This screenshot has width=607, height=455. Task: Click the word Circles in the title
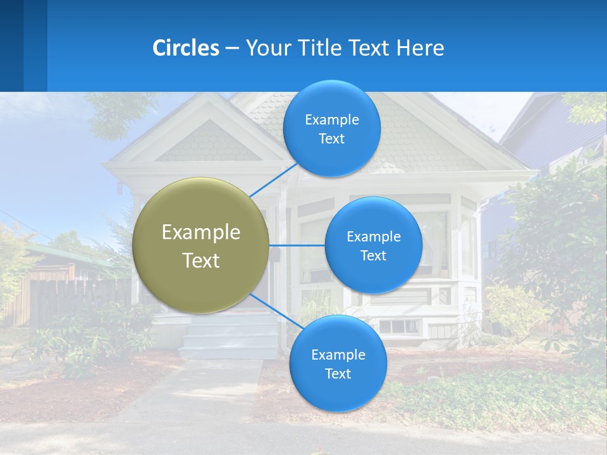185,48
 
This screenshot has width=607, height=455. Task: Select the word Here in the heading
420,48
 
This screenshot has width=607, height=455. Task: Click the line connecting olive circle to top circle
273,179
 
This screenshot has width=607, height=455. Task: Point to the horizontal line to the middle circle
297,245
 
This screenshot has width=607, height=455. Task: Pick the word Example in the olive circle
200,233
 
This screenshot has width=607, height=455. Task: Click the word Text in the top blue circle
331,139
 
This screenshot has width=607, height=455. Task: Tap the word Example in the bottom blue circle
338,355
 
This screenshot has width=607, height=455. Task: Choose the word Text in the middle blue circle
373,256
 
